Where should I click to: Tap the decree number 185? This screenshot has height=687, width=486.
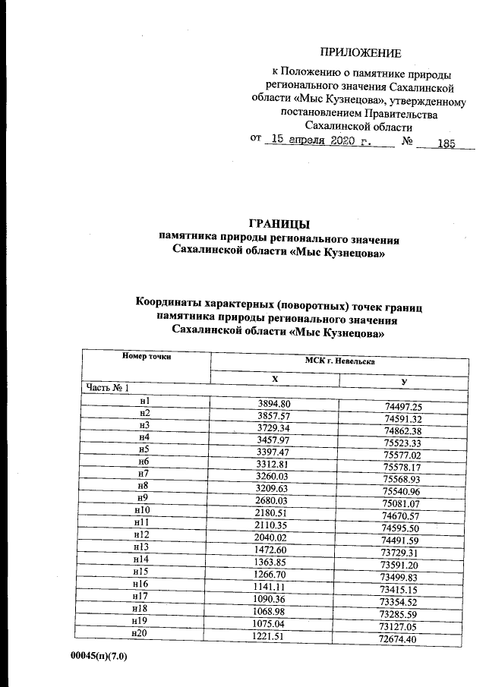(x=440, y=143)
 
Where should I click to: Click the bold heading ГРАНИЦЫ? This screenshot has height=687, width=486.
(x=279, y=224)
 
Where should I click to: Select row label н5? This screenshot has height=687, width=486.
(x=144, y=449)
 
